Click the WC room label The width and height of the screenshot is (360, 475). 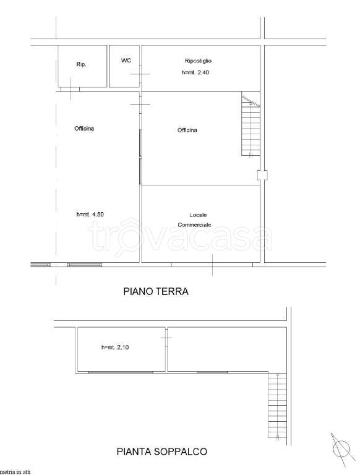click(126, 61)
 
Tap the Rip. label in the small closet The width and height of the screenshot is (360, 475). click(80, 64)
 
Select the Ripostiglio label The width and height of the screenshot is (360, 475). click(198, 61)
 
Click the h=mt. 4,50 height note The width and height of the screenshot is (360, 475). click(90, 215)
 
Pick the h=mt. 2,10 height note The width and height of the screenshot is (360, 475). click(115, 348)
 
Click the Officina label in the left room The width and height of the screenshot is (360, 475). click(84, 129)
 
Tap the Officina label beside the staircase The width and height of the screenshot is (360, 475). click(187, 130)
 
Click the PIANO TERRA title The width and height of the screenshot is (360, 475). click(156, 292)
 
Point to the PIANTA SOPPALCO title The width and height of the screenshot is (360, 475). click(161, 451)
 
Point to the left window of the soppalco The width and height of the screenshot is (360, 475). click(120, 372)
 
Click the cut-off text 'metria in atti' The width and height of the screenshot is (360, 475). click(15, 472)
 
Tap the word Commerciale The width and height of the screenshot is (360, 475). click(195, 225)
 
